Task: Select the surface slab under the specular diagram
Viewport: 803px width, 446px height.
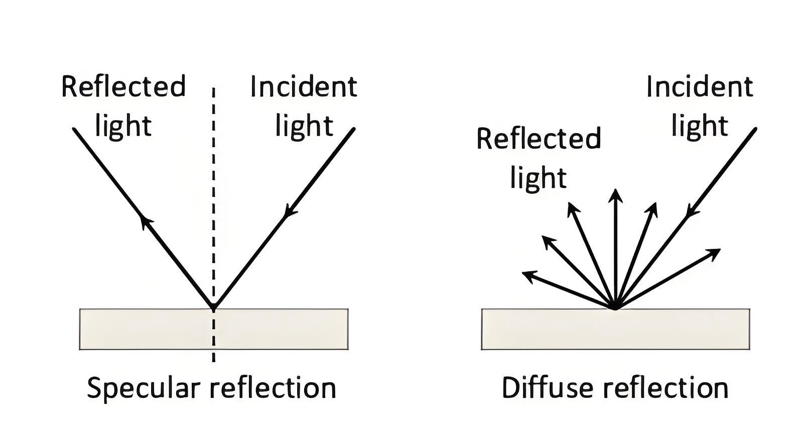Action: (x=151, y=329)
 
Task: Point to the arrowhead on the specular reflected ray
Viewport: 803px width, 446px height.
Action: (x=145, y=219)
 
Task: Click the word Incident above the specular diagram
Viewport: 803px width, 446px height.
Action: (x=304, y=87)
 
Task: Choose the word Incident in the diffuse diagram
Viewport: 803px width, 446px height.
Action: (x=700, y=87)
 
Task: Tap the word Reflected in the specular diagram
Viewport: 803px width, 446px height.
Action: (x=123, y=87)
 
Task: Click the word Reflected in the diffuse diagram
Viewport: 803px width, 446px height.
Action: (x=539, y=139)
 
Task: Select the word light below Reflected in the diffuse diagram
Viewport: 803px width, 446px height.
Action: (x=539, y=178)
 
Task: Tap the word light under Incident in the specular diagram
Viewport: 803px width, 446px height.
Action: (x=304, y=126)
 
